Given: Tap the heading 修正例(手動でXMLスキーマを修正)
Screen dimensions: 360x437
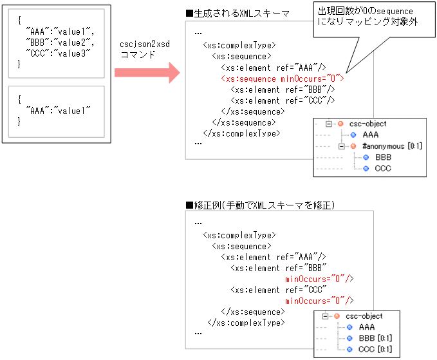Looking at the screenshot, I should click(x=260, y=205).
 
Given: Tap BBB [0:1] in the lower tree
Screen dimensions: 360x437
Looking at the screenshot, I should click(x=375, y=338).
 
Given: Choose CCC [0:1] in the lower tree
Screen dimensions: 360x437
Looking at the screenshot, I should click(x=375, y=349).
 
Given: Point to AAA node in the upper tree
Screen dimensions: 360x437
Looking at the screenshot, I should click(x=370, y=135).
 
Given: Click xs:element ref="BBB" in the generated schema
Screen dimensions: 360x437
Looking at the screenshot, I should click(x=283, y=89).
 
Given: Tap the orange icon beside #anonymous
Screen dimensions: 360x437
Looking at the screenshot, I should click(x=353, y=146).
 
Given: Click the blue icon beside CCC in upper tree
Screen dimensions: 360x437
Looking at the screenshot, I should click(x=366, y=168).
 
